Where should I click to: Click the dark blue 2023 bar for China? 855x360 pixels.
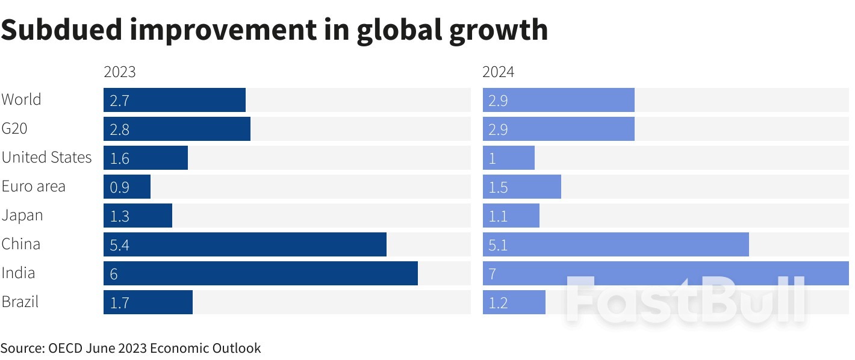tap(244, 244)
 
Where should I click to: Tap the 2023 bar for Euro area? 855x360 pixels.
tap(127, 187)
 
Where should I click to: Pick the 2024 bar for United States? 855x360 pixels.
tap(509, 158)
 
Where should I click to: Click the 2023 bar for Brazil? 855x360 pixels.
tap(148, 302)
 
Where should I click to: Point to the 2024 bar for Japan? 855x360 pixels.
tap(511, 216)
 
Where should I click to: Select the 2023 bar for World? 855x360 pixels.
tap(175, 100)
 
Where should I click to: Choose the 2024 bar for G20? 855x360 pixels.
tap(559, 129)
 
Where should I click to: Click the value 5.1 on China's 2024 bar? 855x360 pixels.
tap(498, 245)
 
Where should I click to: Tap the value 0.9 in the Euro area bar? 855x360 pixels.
tap(119, 187)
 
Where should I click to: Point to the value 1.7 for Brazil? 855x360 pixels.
tap(119, 303)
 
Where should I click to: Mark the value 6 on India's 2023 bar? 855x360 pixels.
tap(114, 274)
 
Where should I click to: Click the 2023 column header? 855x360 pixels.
tap(120, 72)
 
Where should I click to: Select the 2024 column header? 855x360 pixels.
tap(499, 72)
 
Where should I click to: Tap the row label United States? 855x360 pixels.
tap(46, 158)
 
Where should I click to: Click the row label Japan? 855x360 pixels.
tap(22, 216)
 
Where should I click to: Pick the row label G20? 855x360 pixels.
tap(14, 129)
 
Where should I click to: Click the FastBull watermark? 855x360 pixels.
tap(685, 299)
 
